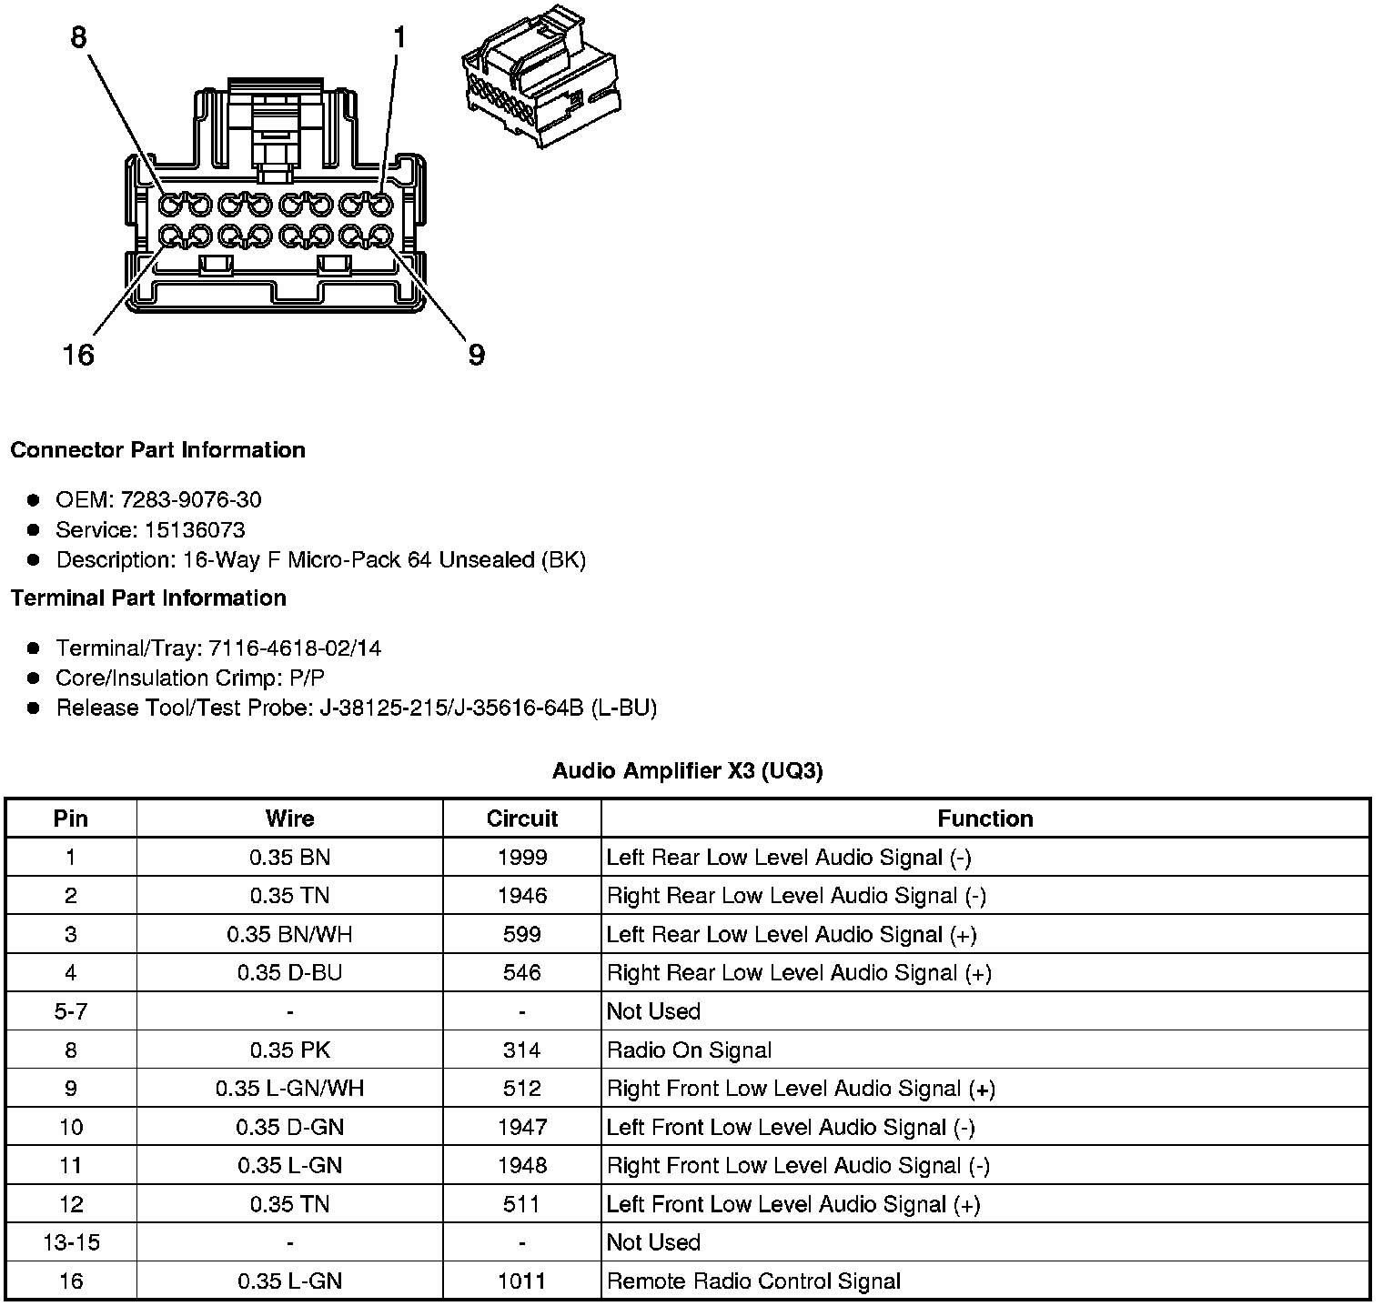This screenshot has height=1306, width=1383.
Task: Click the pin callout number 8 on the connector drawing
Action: (79, 38)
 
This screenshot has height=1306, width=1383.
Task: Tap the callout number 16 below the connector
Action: (78, 354)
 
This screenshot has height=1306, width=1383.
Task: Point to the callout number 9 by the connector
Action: (476, 354)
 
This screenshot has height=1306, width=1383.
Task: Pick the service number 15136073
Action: (195, 529)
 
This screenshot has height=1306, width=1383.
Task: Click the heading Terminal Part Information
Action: (148, 598)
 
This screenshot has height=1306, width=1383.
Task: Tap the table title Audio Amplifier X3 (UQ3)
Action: (687, 771)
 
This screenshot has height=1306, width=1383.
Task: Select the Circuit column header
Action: (521, 819)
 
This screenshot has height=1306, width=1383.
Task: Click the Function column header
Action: (984, 819)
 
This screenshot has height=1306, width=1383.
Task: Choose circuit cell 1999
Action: (521, 857)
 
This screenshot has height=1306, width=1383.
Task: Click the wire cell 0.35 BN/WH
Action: (289, 934)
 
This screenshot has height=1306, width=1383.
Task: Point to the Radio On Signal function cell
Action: (689, 1050)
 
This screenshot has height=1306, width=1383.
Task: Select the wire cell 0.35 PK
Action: (289, 1050)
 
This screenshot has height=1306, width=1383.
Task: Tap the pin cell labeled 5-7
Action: (71, 1011)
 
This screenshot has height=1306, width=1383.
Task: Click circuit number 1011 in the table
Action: (521, 1281)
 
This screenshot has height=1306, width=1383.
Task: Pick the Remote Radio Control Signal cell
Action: (753, 1281)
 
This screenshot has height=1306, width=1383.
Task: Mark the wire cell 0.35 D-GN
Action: (289, 1128)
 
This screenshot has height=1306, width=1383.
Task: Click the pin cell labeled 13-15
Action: (71, 1242)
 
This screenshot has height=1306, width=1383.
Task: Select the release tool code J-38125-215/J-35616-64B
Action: (450, 708)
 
